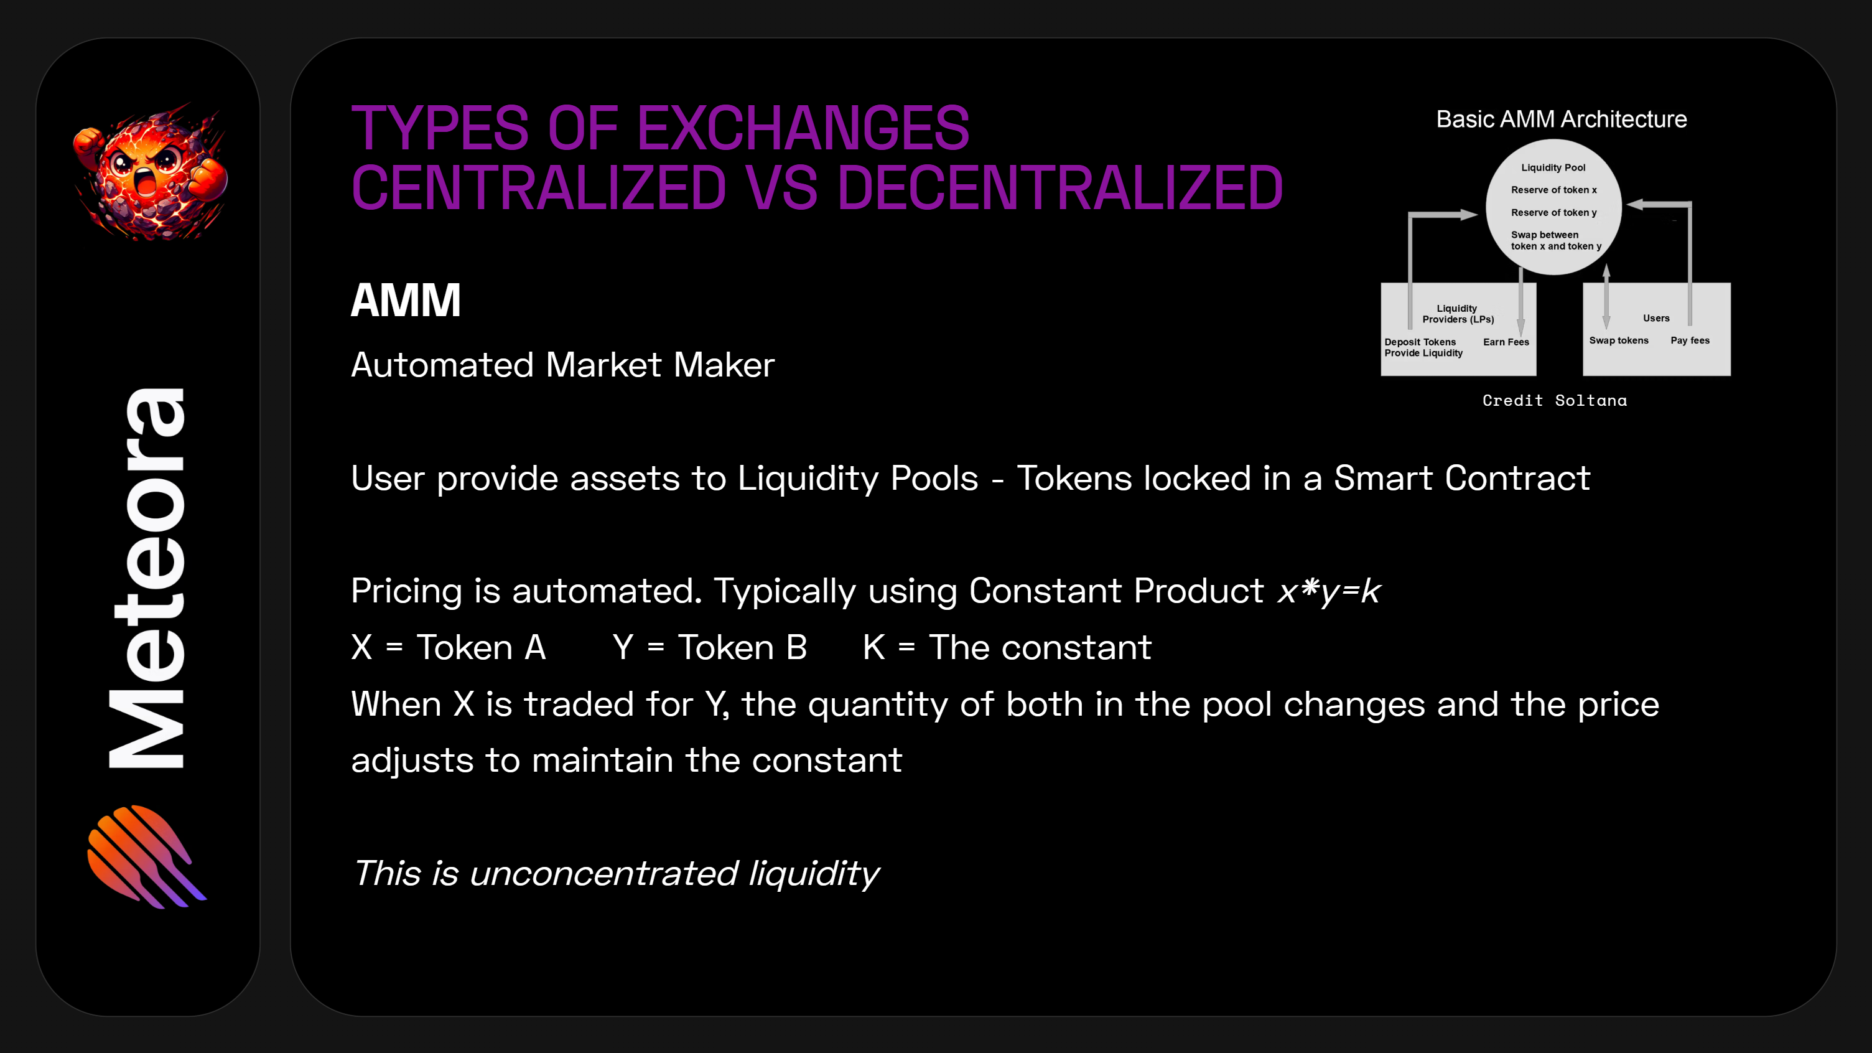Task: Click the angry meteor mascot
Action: (151, 173)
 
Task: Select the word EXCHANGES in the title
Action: (803, 129)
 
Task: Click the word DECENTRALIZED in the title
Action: (1059, 188)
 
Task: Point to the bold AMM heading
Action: (406, 300)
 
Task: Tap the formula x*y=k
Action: (1328, 591)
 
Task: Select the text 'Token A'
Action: (480, 647)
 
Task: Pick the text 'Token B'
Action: (742, 647)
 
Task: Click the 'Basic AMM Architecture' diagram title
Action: (1561, 119)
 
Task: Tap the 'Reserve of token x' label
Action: (1553, 190)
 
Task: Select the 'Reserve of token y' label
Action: (1553, 212)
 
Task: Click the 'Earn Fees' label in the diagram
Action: (1506, 342)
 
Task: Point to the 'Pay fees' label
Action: (1690, 340)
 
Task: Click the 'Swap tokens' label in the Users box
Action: (1618, 340)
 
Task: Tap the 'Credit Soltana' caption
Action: (1555, 400)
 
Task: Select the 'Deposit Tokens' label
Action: (1420, 342)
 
